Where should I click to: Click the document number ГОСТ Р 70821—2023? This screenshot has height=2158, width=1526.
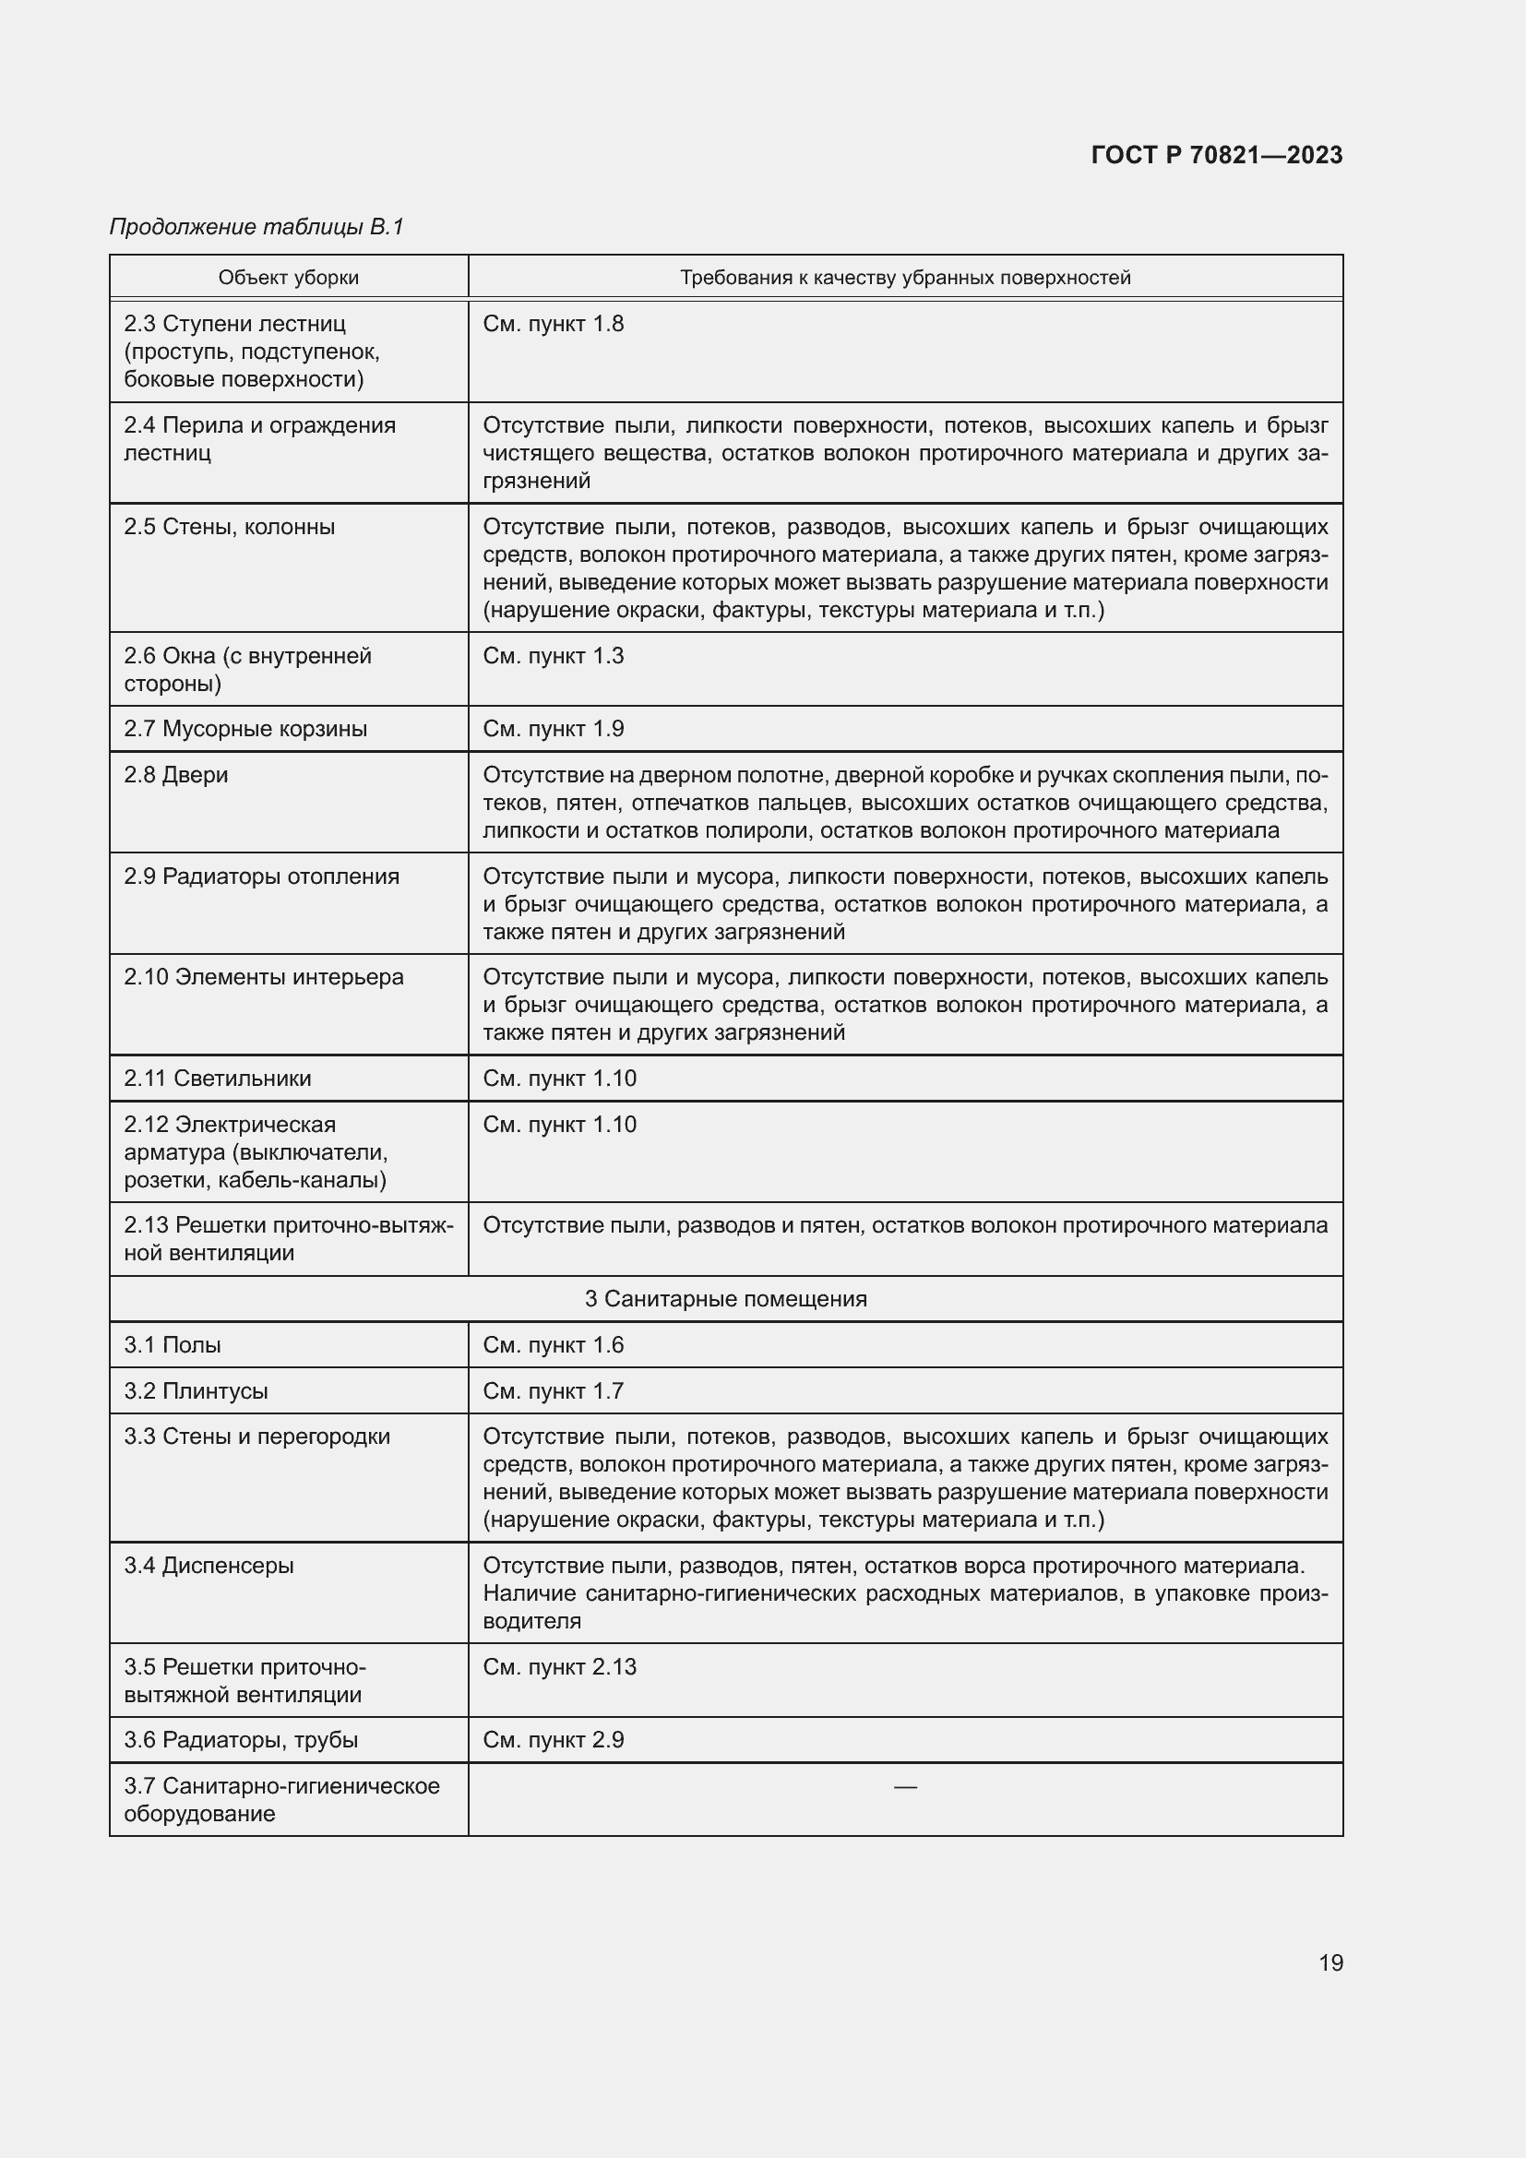point(1217,155)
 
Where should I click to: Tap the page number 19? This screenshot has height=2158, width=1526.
point(1330,1962)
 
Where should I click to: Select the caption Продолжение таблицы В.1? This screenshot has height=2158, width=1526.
point(256,227)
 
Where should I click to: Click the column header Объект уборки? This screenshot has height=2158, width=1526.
point(289,278)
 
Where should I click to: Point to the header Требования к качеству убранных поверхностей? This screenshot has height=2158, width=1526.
point(905,278)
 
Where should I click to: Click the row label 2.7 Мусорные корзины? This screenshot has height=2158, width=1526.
point(245,729)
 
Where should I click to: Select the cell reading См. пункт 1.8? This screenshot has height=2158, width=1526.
point(553,323)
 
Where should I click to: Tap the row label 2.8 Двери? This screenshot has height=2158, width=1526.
point(175,774)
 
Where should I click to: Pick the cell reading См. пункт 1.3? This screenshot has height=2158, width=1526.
point(553,655)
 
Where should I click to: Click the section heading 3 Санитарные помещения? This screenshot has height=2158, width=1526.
point(725,1299)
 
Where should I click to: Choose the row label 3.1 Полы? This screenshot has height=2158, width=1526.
point(172,1345)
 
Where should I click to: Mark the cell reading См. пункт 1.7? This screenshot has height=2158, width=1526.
point(553,1391)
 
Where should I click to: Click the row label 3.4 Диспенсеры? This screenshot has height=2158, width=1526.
point(209,1566)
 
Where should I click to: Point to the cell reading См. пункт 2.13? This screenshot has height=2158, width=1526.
point(559,1667)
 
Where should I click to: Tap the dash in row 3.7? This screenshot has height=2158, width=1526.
point(905,1786)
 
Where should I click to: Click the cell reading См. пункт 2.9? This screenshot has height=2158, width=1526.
point(553,1740)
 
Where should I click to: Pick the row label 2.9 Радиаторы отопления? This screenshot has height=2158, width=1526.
point(261,876)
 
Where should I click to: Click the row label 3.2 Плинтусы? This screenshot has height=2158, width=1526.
point(196,1391)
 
